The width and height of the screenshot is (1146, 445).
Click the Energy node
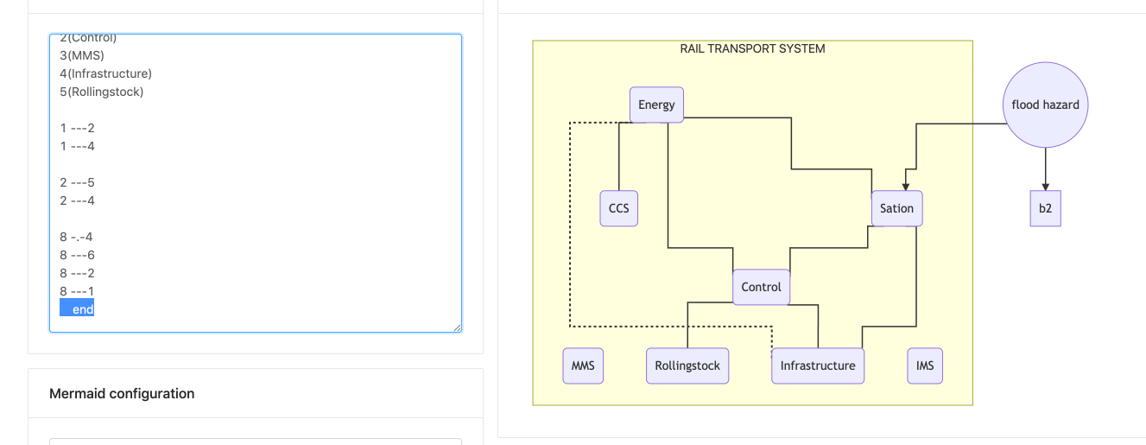(656, 105)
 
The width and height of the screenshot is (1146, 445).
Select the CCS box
(618, 208)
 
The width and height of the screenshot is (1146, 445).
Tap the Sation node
(896, 208)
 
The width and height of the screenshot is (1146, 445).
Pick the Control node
(761, 287)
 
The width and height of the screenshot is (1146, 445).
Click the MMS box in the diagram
(583, 366)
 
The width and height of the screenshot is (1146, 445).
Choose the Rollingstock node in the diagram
(687, 366)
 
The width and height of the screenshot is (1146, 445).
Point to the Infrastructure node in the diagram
(817, 366)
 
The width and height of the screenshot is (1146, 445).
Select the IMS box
(925, 366)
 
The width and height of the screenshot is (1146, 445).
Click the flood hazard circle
(1045, 105)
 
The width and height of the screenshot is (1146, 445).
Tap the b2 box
(1045, 209)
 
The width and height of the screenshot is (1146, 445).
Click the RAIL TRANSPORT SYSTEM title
(752, 49)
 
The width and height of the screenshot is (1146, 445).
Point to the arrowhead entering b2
(1045, 187)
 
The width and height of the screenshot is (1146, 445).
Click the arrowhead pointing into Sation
(904, 186)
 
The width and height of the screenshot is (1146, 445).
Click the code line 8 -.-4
(76, 237)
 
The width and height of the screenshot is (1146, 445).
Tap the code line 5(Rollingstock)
(101, 92)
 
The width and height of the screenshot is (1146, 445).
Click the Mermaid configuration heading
(122, 394)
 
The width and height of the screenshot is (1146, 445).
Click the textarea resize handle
(457, 327)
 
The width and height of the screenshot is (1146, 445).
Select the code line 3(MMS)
(82, 55)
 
